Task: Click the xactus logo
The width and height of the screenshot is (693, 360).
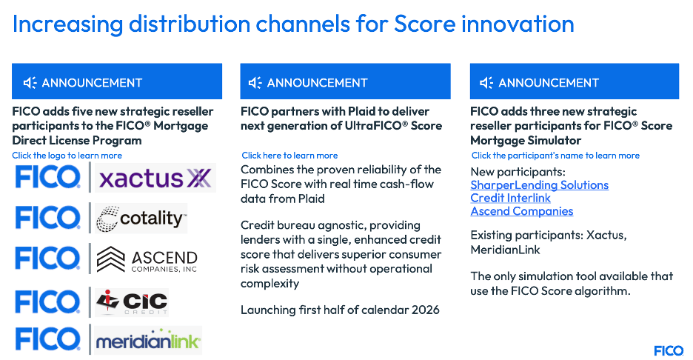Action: pos(155,178)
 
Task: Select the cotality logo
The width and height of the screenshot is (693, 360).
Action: pos(141,218)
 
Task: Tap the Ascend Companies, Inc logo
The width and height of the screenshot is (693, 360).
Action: pos(147,259)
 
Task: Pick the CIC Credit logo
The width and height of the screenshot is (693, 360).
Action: pos(132,302)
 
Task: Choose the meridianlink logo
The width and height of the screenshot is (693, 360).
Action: pos(148,341)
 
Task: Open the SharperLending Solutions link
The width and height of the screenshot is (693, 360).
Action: pos(539,185)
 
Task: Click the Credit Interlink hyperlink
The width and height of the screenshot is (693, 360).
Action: pos(510,198)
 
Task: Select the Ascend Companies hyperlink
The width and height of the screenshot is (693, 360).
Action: pos(521,211)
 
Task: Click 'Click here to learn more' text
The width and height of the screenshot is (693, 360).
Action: pos(289,156)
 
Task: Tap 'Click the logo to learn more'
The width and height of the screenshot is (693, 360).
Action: pos(67,156)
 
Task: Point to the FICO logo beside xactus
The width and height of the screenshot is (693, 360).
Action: pos(47,177)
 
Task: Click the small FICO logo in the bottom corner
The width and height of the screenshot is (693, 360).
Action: pos(669,350)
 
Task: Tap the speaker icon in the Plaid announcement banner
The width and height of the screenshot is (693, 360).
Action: pos(255,83)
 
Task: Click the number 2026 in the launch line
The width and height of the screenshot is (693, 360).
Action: pos(426,310)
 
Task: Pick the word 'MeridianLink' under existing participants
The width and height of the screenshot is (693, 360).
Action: pos(505,250)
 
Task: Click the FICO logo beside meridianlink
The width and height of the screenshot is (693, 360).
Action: pos(47,340)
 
